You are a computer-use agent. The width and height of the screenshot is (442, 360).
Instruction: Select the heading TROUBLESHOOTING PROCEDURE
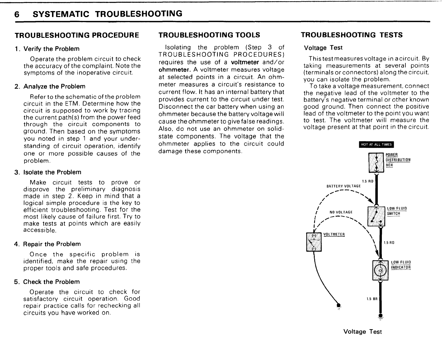click(x=77, y=35)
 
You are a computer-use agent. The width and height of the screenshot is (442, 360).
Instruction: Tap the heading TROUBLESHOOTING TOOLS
click(x=209, y=35)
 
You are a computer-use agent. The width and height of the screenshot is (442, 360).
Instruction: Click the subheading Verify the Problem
click(x=51, y=49)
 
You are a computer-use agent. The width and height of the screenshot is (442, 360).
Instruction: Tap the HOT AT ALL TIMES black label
click(x=376, y=145)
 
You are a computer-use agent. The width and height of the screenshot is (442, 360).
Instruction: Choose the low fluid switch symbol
click(x=376, y=216)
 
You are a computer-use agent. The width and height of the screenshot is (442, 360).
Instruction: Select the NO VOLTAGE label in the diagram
click(x=341, y=212)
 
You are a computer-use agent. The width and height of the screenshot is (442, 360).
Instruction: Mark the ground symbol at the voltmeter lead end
click(x=338, y=306)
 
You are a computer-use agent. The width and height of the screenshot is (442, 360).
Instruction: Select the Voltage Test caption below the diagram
click(x=362, y=332)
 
